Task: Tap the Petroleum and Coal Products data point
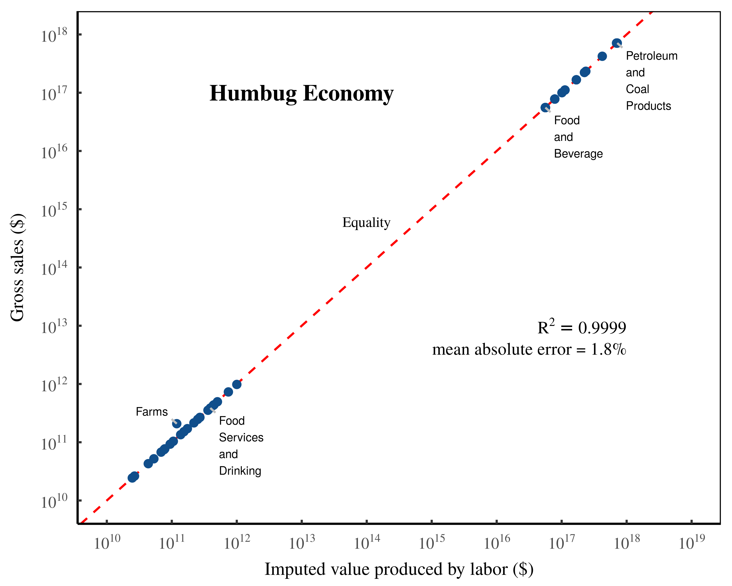pyautogui.click(x=617, y=43)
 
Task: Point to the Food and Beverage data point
pyautogui.click(x=545, y=108)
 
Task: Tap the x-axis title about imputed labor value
pyautogui.click(x=399, y=569)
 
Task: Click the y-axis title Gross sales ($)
pyautogui.click(x=17, y=267)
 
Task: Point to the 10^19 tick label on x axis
pyautogui.click(x=691, y=542)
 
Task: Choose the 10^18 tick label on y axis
pyautogui.click(x=54, y=35)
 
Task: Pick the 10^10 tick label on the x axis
pyautogui.click(x=107, y=542)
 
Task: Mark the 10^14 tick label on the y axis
pyautogui.click(x=54, y=268)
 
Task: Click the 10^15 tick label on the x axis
pyautogui.click(x=432, y=542)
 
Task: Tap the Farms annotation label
pyautogui.click(x=152, y=412)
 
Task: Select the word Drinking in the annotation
pyautogui.click(x=240, y=471)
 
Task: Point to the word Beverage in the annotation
pyautogui.click(x=578, y=154)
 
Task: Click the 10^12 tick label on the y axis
pyautogui.click(x=54, y=385)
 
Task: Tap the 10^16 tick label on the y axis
pyautogui.click(x=54, y=152)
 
